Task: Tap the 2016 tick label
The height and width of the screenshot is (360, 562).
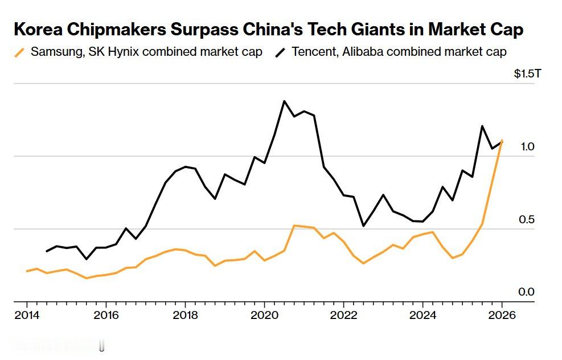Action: pos(105,315)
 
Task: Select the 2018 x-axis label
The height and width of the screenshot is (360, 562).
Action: pos(184,315)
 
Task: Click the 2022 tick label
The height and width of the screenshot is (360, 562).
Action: pos(343,315)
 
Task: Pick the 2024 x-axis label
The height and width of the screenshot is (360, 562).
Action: pos(423,315)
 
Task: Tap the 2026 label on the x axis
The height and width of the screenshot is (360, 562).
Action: pos(502,315)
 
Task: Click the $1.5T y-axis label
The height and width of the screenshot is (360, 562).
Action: pos(524,74)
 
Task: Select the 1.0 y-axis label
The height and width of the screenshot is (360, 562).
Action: pos(527,147)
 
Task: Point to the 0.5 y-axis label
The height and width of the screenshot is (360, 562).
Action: pos(527,220)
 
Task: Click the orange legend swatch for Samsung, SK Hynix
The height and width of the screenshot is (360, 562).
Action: pos(19,52)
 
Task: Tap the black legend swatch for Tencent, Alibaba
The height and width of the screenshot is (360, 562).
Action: pos(280,52)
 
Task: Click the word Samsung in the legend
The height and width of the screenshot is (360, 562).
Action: pos(53,52)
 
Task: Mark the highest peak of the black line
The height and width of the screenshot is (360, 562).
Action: pos(284,101)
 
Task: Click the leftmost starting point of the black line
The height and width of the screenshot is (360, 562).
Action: pos(47,251)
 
